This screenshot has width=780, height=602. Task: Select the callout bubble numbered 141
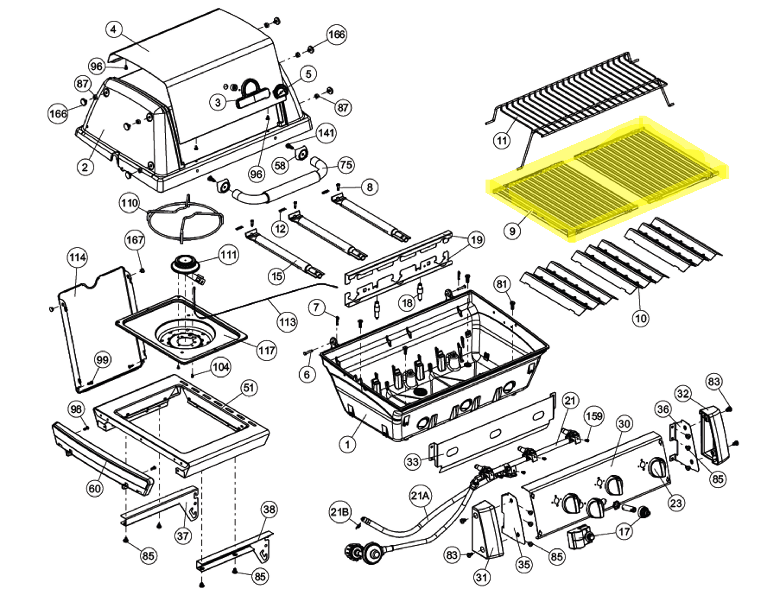click(x=326, y=133)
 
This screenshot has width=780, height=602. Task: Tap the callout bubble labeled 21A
click(x=420, y=496)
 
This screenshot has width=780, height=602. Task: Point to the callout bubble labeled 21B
click(x=339, y=512)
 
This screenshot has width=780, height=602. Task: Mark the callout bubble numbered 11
click(x=502, y=141)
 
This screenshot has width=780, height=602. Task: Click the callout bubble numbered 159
click(x=594, y=416)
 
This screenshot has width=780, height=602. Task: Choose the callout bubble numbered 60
click(x=94, y=488)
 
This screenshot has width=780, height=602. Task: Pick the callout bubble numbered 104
click(x=221, y=367)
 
